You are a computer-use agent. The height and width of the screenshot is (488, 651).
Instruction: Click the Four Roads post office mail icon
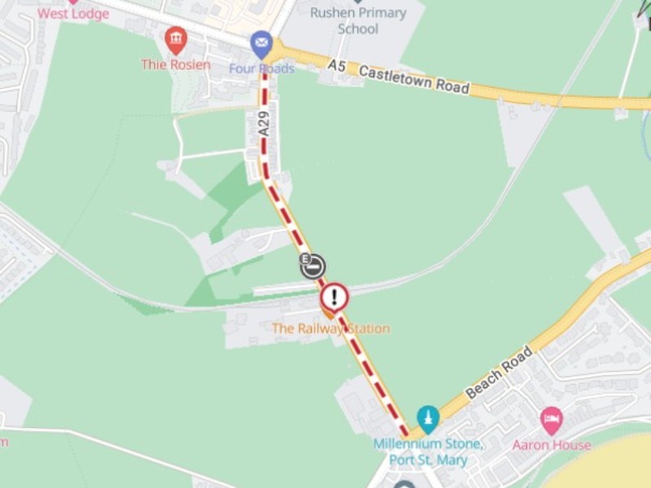tap(261, 42)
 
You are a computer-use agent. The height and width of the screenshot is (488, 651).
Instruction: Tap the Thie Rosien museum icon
tap(176, 39)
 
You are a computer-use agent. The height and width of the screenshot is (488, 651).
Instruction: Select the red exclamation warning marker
tap(334, 297)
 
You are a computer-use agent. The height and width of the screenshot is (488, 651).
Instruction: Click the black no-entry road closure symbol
tap(312, 266)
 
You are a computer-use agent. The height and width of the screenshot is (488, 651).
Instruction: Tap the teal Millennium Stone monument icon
tap(428, 418)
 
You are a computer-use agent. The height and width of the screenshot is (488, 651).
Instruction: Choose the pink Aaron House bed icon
tap(551, 420)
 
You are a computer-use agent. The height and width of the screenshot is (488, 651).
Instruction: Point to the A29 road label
tap(264, 122)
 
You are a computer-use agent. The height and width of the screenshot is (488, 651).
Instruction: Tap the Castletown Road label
tap(414, 80)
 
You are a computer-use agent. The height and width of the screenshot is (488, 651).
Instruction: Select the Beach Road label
tap(499, 373)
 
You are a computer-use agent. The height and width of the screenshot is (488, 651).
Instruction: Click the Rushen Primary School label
tap(358, 20)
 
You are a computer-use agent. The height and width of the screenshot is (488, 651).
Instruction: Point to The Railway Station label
tap(330, 329)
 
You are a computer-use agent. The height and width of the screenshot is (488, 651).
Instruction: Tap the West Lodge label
tap(73, 14)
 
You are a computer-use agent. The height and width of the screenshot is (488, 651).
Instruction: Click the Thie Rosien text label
tap(175, 64)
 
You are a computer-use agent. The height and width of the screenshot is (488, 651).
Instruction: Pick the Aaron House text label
tap(551, 445)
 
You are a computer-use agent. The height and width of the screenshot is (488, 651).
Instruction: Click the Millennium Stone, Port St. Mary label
tap(428, 451)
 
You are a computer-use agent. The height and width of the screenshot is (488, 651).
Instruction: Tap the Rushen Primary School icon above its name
tap(358, 2)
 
